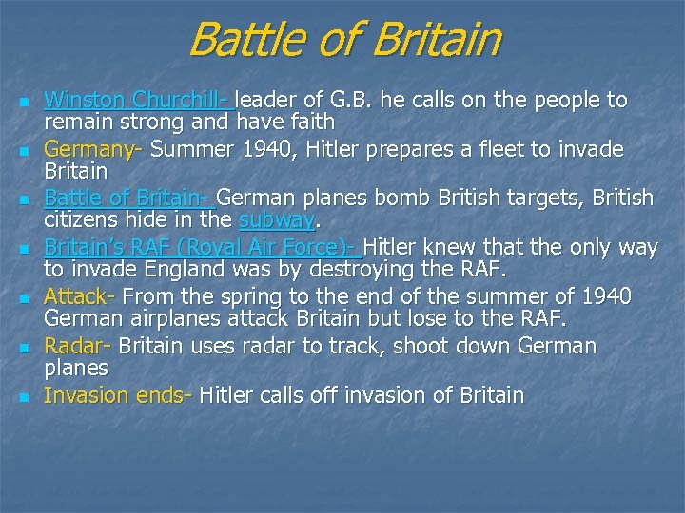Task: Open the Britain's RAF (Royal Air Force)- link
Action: (x=203, y=248)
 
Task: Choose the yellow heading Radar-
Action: (x=78, y=346)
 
